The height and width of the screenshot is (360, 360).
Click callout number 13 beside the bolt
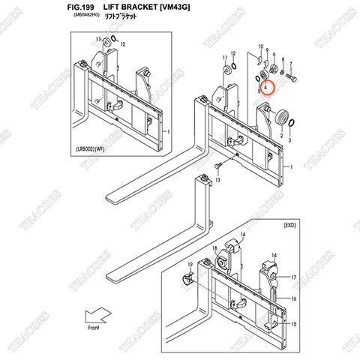point(217,181)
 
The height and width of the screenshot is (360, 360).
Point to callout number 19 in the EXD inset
point(190,265)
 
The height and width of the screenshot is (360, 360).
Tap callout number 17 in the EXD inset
point(293,277)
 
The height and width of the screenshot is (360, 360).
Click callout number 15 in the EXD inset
point(294,324)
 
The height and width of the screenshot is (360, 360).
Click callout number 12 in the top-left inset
point(123,45)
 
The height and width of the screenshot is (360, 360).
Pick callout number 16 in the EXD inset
point(294,298)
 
